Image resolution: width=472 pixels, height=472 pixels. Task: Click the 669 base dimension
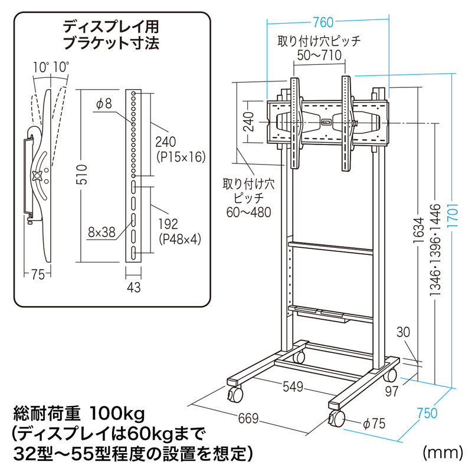(248, 419)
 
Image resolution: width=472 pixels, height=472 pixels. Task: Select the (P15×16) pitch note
(179, 157)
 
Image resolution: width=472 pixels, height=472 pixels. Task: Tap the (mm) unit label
(441, 453)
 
